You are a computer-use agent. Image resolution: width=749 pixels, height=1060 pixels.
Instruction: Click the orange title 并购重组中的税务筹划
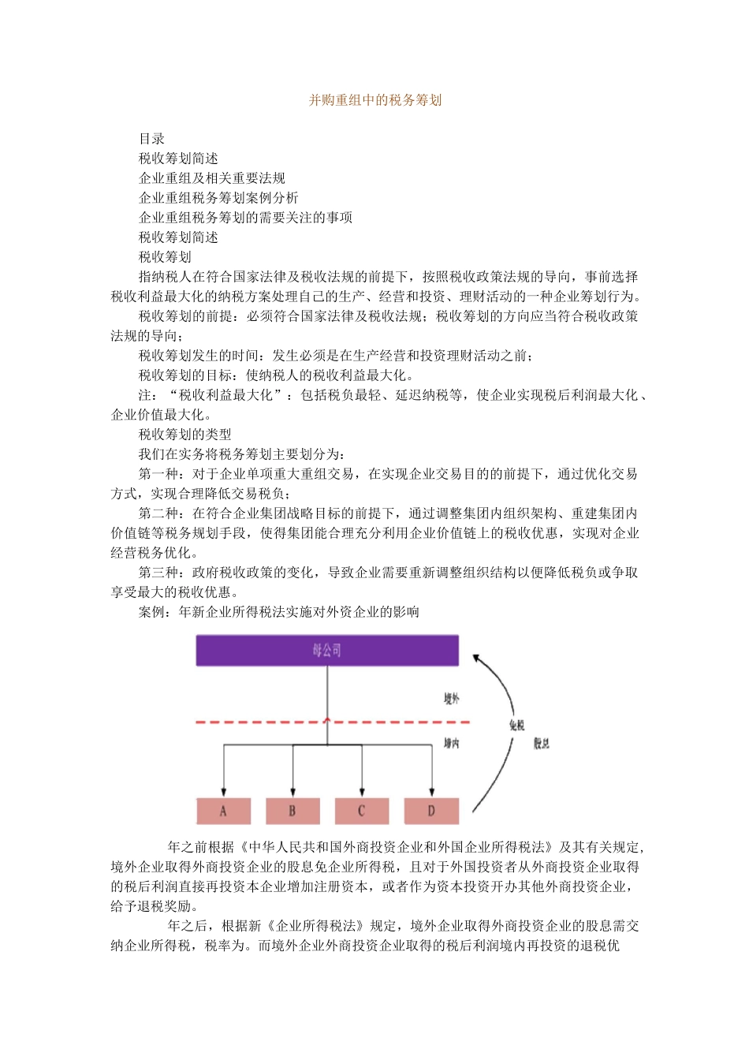[x=374, y=100]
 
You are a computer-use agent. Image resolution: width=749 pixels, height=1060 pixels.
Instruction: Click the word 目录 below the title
[x=151, y=139]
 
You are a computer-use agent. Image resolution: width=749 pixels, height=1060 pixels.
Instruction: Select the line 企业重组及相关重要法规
[x=211, y=178]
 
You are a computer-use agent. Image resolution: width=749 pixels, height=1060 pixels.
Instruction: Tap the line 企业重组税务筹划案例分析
[x=218, y=198]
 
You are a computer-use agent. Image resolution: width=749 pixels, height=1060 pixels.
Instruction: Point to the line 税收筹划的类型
[x=184, y=435]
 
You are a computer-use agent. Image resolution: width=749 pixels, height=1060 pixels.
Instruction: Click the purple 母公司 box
[x=326, y=651]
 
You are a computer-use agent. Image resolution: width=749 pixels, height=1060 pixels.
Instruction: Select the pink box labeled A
[x=223, y=811]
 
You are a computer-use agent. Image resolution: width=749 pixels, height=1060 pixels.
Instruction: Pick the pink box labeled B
[x=293, y=811]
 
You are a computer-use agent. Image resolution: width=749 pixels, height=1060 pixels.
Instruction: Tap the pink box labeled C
[x=362, y=811]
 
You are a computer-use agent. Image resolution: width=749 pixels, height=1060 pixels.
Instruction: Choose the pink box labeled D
[x=431, y=811]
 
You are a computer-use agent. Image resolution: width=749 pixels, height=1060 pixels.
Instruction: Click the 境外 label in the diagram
[x=451, y=699]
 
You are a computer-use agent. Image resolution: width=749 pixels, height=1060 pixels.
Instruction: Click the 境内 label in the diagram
[x=451, y=743]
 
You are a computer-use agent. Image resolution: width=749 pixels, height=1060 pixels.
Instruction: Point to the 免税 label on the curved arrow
[x=516, y=726]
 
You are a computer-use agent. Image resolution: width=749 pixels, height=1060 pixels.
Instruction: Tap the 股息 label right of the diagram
[x=542, y=743]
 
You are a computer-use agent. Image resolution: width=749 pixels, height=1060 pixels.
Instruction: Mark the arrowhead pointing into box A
[x=224, y=791]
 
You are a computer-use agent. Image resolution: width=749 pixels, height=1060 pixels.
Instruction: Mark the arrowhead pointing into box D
[x=431, y=791]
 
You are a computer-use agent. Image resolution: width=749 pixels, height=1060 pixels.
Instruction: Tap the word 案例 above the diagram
[x=151, y=612]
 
